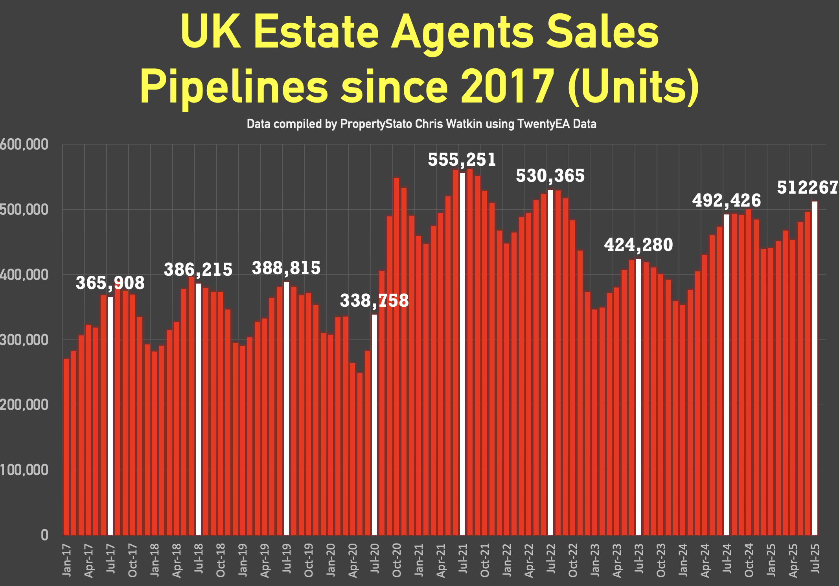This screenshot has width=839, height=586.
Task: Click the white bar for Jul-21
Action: pyautogui.click(x=462, y=353)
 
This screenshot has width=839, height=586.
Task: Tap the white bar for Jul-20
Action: pyautogui.click(x=374, y=424)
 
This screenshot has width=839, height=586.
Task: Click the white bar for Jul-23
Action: pyautogui.click(x=638, y=397)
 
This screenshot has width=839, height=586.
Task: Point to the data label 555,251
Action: pyautogui.click(x=462, y=160)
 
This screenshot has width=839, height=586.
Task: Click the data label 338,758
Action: pyautogui.click(x=374, y=301)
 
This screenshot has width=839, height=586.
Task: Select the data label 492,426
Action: pyautogui.click(x=727, y=201)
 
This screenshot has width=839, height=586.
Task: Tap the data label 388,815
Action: pyautogui.click(x=286, y=268)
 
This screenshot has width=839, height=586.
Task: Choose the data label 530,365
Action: pyautogui.click(x=550, y=176)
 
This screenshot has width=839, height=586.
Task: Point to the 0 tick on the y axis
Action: pyautogui.click(x=44, y=535)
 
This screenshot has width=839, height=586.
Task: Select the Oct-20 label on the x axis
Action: pyautogui.click(x=397, y=560)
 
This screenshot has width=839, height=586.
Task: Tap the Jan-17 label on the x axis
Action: pyautogui.click(x=66, y=560)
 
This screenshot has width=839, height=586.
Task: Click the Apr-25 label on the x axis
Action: pyautogui.click(x=793, y=560)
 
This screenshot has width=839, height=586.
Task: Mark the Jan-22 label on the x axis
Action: pyautogui.click(x=507, y=560)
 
